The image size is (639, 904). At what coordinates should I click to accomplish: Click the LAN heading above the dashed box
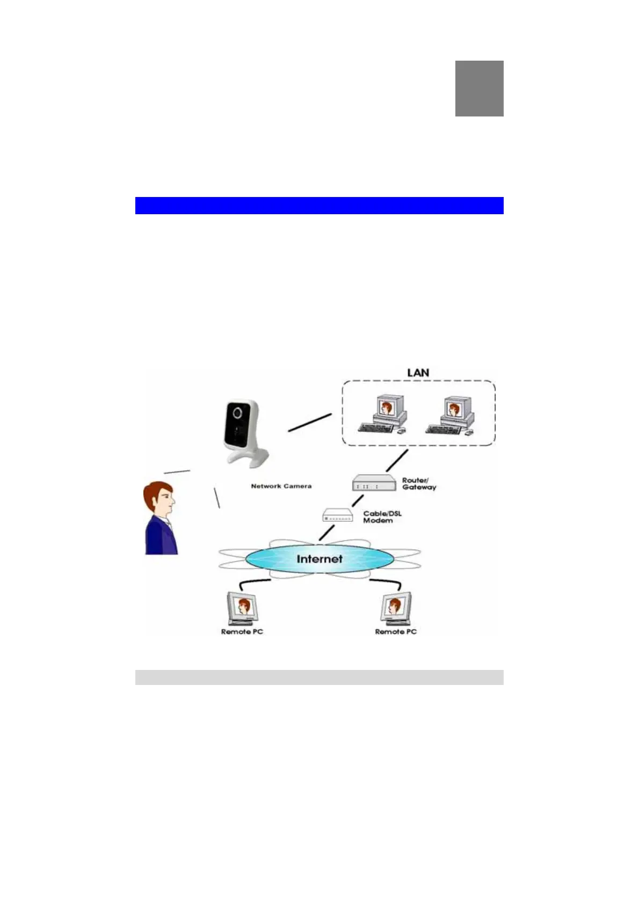[418, 373]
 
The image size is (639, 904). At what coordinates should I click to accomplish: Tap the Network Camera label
[281, 486]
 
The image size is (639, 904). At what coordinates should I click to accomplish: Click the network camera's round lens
[237, 413]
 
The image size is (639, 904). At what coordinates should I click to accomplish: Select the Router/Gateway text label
[419, 484]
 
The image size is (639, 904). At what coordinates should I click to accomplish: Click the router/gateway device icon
[373, 483]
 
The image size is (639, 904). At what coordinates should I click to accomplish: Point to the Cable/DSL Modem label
[382, 517]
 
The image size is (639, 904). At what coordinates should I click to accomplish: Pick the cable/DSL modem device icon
[337, 515]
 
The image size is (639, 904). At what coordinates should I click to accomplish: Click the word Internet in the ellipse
[319, 559]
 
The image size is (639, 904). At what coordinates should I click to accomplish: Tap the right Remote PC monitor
[396, 608]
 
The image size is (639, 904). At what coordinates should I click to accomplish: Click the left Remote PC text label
[242, 632]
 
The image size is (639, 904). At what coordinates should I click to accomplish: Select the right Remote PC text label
[396, 632]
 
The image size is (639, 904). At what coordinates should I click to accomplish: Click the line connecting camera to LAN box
[310, 422]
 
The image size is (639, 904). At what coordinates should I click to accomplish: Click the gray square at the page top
[479, 89]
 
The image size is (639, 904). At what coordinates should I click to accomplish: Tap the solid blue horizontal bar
[319, 206]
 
